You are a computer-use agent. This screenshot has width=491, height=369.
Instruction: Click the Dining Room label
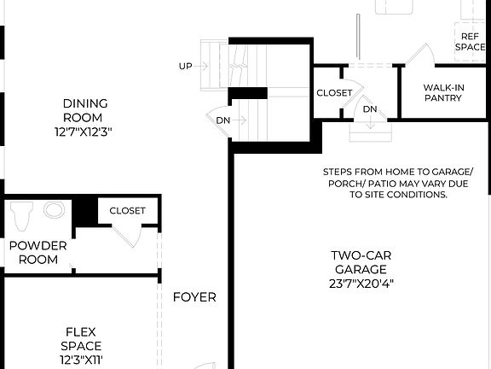(84, 110)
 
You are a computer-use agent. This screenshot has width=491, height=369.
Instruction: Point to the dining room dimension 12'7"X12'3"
(84, 132)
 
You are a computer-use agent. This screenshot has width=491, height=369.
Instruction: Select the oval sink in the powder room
(55, 210)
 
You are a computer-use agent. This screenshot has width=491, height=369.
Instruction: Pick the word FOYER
(194, 297)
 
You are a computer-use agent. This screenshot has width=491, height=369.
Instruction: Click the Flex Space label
(81, 338)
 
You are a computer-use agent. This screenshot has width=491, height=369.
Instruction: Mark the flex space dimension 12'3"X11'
(81, 360)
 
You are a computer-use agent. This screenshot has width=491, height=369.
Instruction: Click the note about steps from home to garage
(397, 183)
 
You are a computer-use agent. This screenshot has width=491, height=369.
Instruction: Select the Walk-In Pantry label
(443, 92)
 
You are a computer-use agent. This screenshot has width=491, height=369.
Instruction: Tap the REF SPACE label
(470, 42)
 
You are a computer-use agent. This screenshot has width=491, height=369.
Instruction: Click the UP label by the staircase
(185, 66)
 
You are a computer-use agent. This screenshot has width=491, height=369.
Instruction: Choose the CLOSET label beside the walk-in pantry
(334, 92)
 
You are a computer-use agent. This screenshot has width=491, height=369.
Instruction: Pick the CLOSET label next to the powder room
(127, 210)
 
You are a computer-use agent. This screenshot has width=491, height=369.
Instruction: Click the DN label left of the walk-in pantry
(369, 109)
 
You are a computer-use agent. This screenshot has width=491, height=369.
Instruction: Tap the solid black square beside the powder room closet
(84, 212)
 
